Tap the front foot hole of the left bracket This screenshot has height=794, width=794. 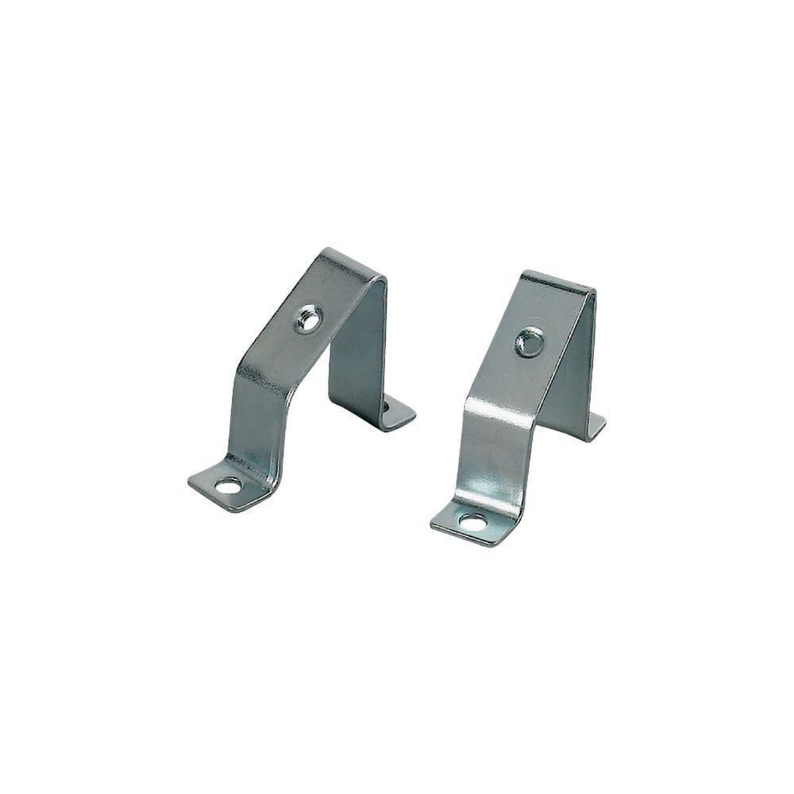click(x=228, y=485)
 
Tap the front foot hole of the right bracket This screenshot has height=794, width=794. click(x=475, y=522)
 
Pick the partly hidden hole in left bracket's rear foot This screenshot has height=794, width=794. click(x=387, y=406)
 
